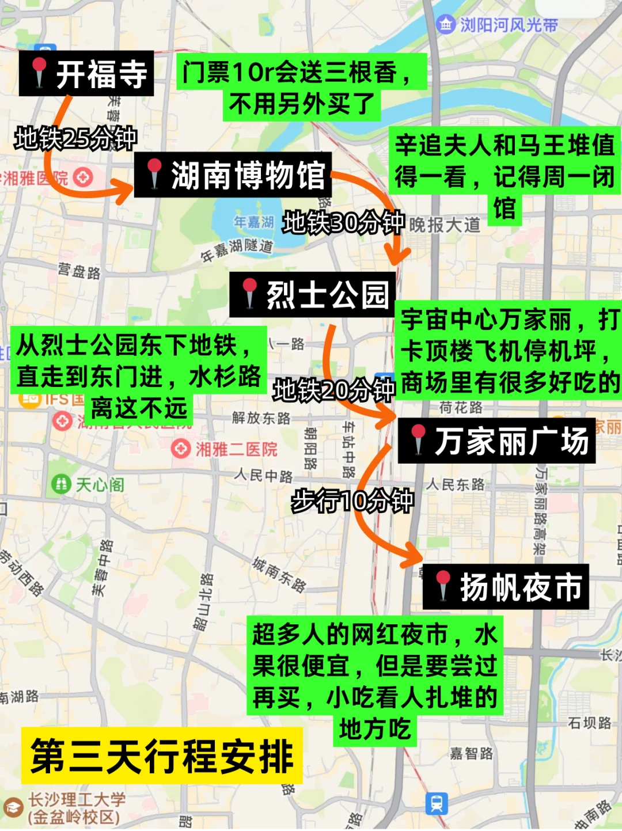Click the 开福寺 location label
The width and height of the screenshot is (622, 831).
click(x=87, y=74)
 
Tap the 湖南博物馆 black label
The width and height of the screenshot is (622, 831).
click(x=233, y=175)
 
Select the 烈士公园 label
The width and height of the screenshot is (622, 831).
click(x=313, y=295)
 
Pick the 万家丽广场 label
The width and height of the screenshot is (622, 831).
click(x=497, y=442)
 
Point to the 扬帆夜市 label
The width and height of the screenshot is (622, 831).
click(x=506, y=587)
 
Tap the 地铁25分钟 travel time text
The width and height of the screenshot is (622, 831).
click(x=76, y=138)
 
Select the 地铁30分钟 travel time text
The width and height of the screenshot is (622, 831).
click(x=344, y=222)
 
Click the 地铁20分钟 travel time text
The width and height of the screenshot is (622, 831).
click(x=334, y=390)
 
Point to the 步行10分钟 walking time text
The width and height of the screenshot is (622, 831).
click(x=352, y=500)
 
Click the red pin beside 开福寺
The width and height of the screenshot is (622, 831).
click(x=39, y=72)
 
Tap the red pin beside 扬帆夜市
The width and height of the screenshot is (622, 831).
click(x=443, y=585)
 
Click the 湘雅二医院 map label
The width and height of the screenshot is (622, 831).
click(x=236, y=449)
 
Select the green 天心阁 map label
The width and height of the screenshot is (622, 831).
click(x=100, y=485)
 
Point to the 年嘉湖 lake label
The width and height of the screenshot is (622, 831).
click(x=253, y=222)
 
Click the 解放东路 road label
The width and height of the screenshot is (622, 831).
click(x=261, y=418)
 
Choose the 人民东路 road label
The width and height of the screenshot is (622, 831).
click(x=456, y=484)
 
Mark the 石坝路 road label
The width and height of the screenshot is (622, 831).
click(x=589, y=723)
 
